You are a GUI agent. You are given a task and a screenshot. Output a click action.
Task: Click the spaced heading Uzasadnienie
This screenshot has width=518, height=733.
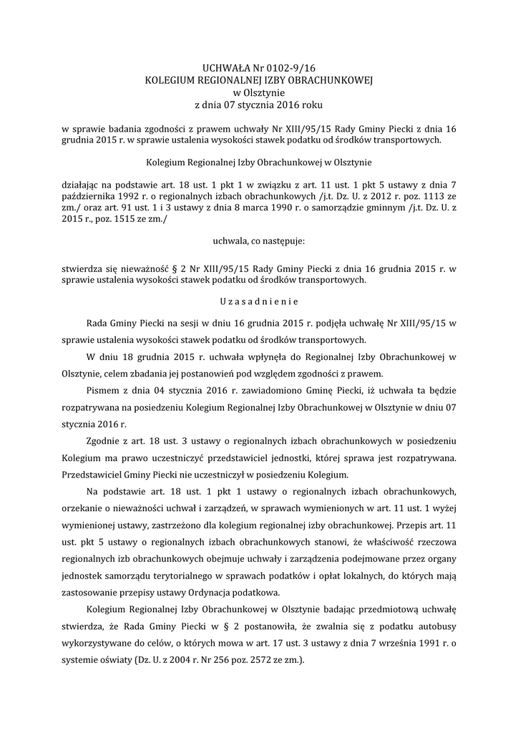coord(259,301)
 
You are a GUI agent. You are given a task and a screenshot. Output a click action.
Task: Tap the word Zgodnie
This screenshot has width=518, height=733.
coord(102,440)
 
